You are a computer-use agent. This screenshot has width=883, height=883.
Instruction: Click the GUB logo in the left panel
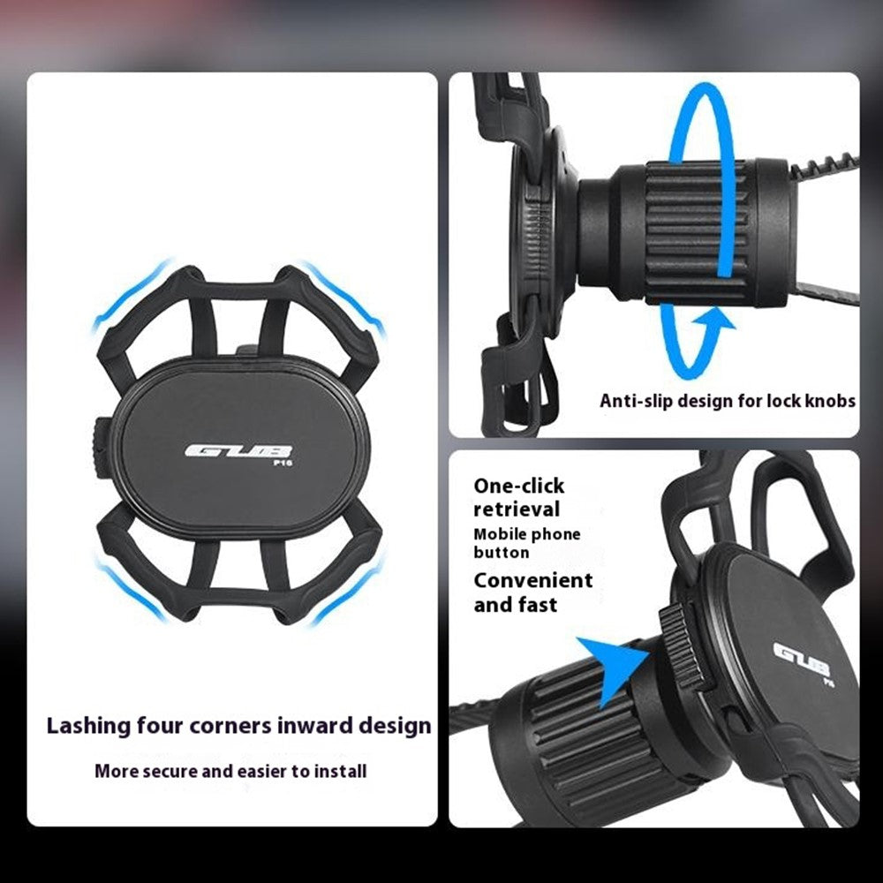(x=238, y=451)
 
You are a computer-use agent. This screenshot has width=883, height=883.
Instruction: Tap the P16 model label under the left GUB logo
(x=283, y=463)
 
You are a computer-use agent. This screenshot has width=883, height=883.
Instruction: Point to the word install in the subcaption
(x=340, y=770)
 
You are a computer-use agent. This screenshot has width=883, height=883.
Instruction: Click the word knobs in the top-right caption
(x=830, y=401)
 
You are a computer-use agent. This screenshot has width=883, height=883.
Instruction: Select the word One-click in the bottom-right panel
(x=518, y=486)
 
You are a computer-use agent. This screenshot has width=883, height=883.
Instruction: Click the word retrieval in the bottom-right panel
(x=517, y=509)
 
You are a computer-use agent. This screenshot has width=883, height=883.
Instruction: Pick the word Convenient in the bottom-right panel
(x=532, y=580)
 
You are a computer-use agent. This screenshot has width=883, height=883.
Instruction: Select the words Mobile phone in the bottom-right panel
(x=526, y=534)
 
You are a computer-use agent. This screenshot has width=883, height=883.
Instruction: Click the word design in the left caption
(x=395, y=727)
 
